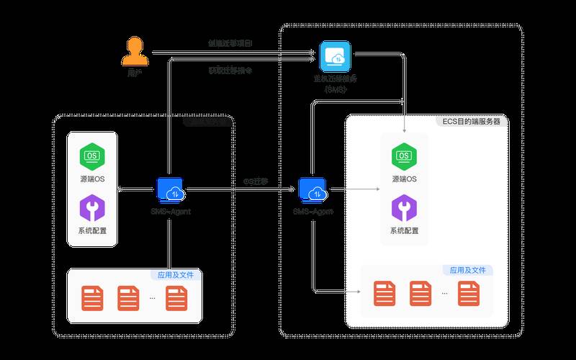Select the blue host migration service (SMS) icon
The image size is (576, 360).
coord(336,56)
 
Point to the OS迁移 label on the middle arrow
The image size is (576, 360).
coord(256,181)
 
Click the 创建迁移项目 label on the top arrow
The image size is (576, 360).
coord(230,45)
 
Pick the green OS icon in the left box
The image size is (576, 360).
coord(93,156)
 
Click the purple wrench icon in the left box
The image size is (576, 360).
coord(93,209)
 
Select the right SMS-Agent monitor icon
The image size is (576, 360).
coord(314,191)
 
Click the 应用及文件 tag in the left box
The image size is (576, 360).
coord(176,275)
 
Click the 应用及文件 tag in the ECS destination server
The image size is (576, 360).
coord(467,271)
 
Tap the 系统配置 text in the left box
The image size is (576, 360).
coord(93,231)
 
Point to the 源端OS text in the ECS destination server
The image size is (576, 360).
coord(403,179)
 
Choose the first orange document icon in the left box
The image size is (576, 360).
coord(92,297)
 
